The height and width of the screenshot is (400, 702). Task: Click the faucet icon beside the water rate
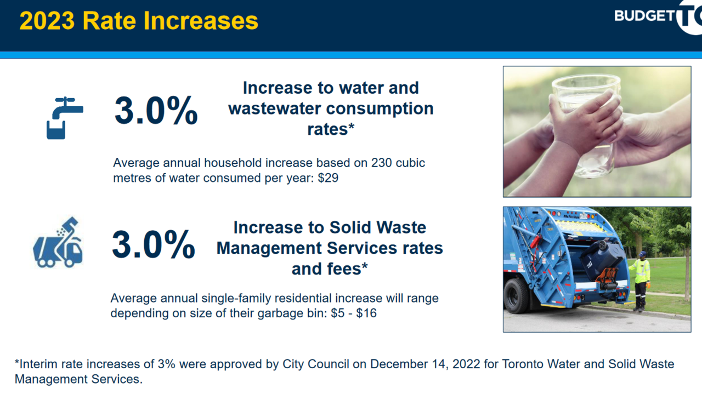tap(64, 117)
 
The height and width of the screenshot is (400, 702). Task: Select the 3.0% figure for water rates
tap(156, 111)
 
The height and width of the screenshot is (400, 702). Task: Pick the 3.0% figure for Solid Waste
tap(154, 244)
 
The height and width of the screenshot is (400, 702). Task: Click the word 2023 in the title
tap(46, 21)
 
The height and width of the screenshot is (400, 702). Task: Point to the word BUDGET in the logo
tap(643, 16)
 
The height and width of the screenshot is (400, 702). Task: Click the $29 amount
tap(328, 178)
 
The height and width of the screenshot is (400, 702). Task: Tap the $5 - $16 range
tap(354, 314)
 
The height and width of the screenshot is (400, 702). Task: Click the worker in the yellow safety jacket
tap(640, 280)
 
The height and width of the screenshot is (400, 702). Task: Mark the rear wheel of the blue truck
tap(516, 295)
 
